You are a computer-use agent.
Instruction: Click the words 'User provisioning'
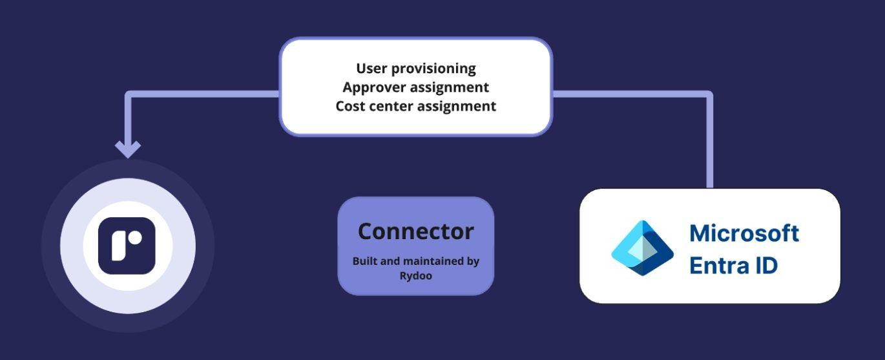pyautogui.click(x=415, y=68)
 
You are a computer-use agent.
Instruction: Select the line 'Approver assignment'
pyautogui.click(x=415, y=87)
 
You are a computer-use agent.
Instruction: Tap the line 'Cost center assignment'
pyautogui.click(x=415, y=105)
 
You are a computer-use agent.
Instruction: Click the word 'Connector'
pyautogui.click(x=415, y=231)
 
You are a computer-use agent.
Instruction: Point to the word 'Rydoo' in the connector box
pyautogui.click(x=415, y=275)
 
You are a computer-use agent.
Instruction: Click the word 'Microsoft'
pyautogui.click(x=744, y=233)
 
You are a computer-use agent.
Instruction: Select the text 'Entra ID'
pyautogui.click(x=733, y=265)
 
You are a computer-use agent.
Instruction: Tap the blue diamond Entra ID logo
pyautogui.click(x=642, y=248)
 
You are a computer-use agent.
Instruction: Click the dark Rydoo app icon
pyautogui.click(x=127, y=246)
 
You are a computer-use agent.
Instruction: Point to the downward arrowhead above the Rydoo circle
pyautogui.click(x=128, y=149)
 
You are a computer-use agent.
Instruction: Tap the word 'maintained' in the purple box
pyautogui.click(x=419, y=261)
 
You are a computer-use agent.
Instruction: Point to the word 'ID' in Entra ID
pyautogui.click(x=766, y=265)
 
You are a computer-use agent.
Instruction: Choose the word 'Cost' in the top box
pyautogui.click(x=350, y=105)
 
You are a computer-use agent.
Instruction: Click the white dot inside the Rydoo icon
pyautogui.click(x=134, y=238)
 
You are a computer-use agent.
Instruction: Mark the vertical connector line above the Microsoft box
pyautogui.click(x=709, y=149)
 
